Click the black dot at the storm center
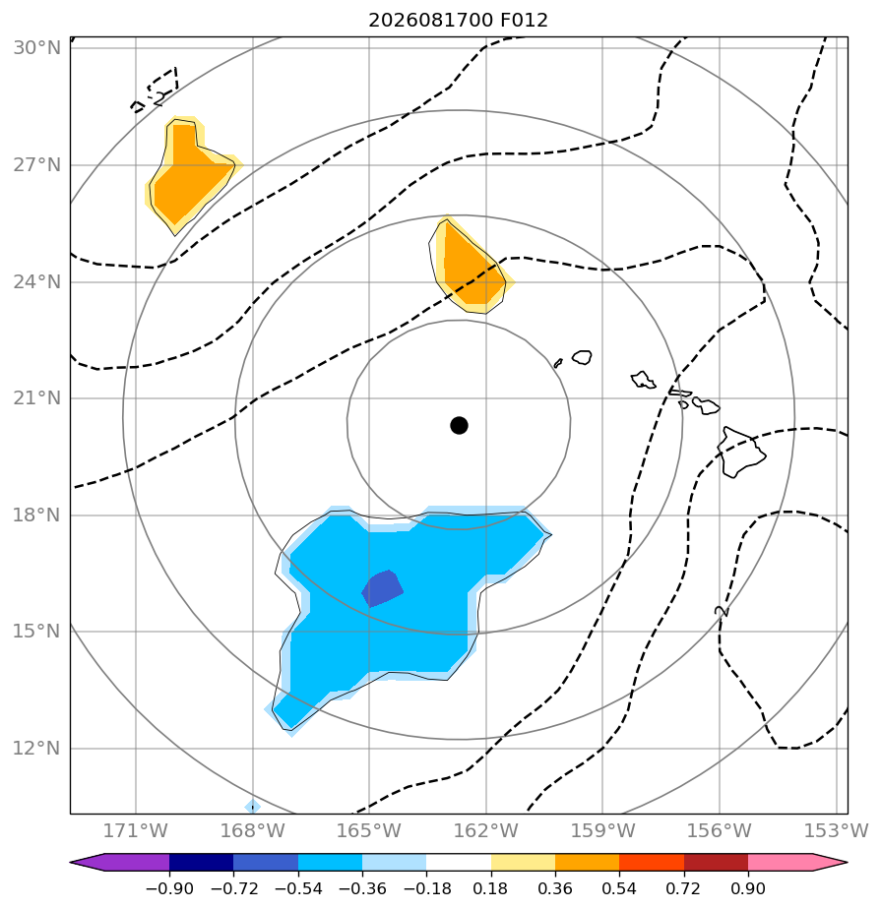click(x=459, y=426)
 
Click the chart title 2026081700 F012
click(x=458, y=21)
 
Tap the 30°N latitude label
click(x=36, y=47)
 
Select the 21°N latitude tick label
click(x=36, y=398)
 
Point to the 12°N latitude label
click(x=36, y=749)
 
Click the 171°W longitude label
click(x=136, y=830)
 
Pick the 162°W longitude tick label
click(x=486, y=830)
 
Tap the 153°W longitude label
click(x=837, y=830)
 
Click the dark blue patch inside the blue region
click(x=382, y=588)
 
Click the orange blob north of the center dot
click(x=470, y=267)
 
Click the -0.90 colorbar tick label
click(x=169, y=888)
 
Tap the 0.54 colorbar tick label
click(x=619, y=888)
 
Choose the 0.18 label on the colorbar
click(x=490, y=888)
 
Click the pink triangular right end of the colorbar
click(x=797, y=863)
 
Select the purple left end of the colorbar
click(x=120, y=863)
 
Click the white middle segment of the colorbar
click(x=459, y=863)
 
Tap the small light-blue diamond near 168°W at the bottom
click(x=252, y=807)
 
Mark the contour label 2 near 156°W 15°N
click(x=722, y=611)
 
